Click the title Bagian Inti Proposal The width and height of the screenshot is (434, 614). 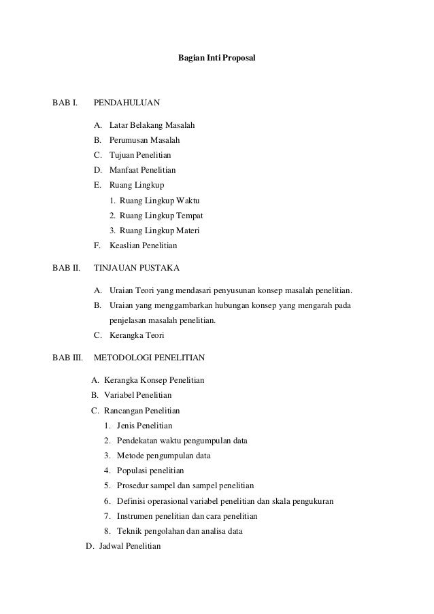coord(216,60)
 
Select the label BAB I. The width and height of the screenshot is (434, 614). coord(65,103)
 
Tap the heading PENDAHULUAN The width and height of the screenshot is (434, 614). coord(127,103)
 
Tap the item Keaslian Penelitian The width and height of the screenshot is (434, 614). coord(143,245)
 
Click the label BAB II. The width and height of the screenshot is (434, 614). coord(66,267)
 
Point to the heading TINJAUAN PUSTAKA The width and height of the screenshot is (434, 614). coord(137,267)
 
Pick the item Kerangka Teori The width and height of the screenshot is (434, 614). coord(137,335)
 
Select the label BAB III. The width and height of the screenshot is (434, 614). coord(67,356)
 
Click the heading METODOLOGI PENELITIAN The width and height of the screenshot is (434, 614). coord(150,356)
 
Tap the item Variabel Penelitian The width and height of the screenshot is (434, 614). coord(136,394)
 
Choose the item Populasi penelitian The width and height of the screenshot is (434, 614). coord(150,470)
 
